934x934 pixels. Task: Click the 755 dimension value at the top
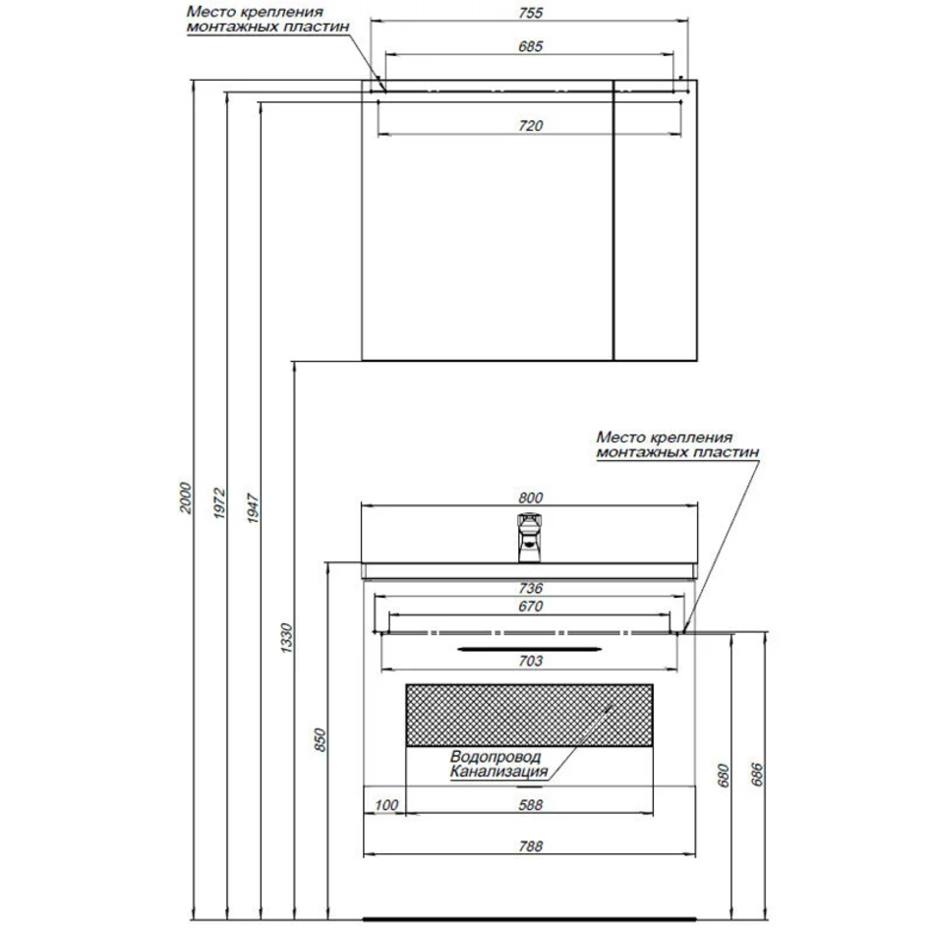pos(530,13)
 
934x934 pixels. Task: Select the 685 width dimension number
pos(530,46)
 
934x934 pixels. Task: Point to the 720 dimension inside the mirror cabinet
pos(530,125)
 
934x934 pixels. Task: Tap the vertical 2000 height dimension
pos(187,498)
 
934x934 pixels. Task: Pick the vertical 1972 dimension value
pos(220,502)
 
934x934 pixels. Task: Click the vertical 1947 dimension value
pos(253,507)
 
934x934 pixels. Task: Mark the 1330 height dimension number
pos(286,638)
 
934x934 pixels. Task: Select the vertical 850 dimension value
pos(320,739)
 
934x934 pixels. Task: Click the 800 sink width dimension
pos(530,497)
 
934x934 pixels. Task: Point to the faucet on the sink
pos(529,537)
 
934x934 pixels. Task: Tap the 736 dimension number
pos(530,588)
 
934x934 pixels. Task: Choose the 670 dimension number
pos(530,606)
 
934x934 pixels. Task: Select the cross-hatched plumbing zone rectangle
pos(530,715)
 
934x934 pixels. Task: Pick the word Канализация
pos(498,772)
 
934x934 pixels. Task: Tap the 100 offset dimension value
pos(386,805)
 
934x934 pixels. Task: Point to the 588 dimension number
pos(530,805)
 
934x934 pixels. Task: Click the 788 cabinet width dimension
pos(530,846)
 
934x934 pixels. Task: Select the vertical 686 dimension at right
pos(756,774)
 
